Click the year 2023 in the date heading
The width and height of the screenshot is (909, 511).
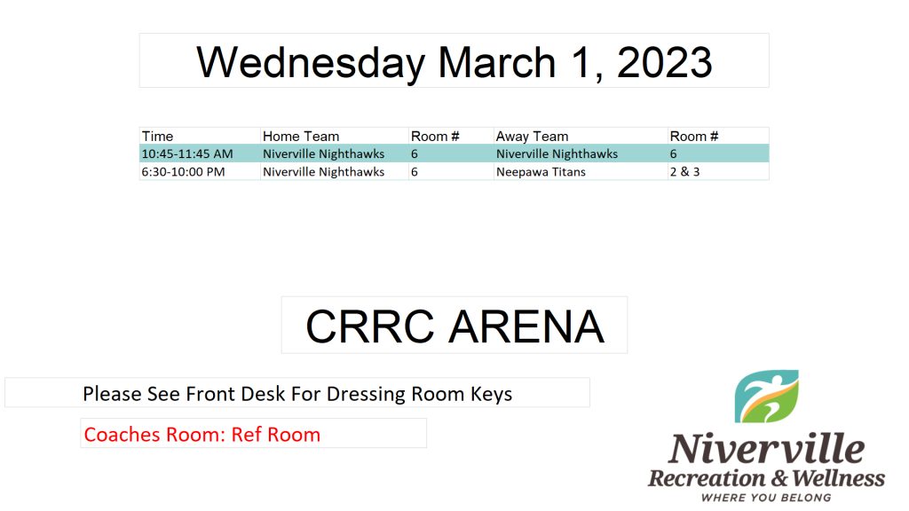click(664, 62)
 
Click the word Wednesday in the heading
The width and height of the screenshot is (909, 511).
click(311, 63)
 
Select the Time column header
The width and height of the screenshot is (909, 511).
click(158, 136)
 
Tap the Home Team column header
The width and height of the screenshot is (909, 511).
click(301, 136)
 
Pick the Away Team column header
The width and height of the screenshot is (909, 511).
click(533, 136)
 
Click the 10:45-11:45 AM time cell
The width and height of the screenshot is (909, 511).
click(187, 154)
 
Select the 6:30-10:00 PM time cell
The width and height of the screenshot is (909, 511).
click(183, 172)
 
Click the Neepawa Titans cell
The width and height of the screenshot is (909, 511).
click(541, 172)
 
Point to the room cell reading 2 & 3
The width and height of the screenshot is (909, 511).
click(684, 172)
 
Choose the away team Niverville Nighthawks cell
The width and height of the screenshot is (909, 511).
click(557, 154)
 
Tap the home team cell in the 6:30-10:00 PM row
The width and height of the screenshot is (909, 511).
click(323, 172)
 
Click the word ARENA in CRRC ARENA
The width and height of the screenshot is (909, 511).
click(526, 326)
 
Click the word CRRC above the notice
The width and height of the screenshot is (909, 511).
click(370, 326)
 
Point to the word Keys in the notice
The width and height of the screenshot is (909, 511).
click(491, 394)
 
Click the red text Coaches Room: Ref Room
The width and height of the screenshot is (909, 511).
click(202, 435)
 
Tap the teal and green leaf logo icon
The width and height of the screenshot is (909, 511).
click(766, 397)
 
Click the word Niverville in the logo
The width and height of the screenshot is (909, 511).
click(766, 448)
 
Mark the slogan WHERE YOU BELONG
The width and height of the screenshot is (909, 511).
click(766, 498)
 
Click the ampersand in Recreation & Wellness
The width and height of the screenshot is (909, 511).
click(779, 478)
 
